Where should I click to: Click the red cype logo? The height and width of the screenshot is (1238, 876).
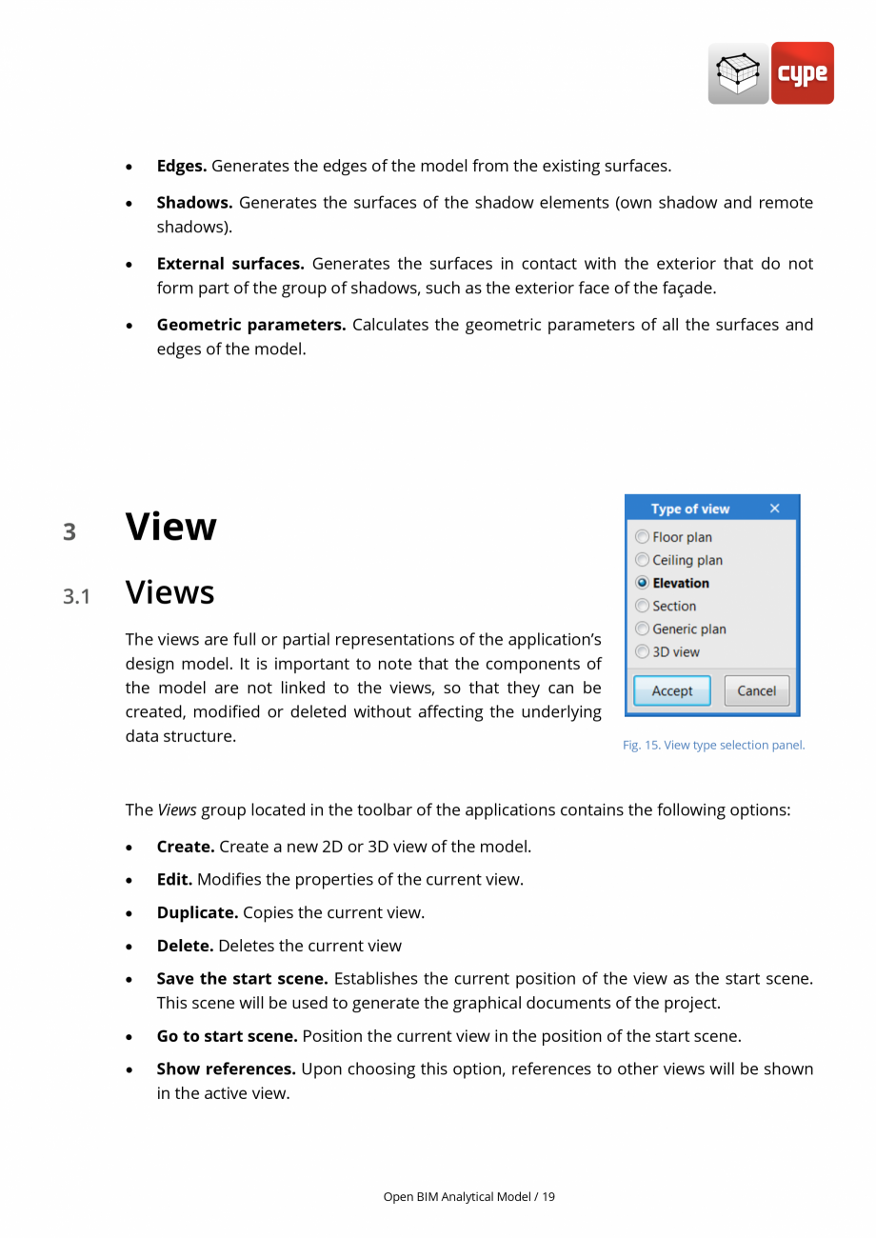click(x=802, y=73)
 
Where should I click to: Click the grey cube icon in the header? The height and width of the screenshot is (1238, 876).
click(x=738, y=73)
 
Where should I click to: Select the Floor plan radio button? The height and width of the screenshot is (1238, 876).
click(x=643, y=537)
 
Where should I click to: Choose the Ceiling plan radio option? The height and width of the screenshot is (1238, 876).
click(x=643, y=560)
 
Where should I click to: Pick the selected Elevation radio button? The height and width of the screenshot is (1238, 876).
click(x=643, y=583)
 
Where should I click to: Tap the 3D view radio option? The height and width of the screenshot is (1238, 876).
click(x=643, y=652)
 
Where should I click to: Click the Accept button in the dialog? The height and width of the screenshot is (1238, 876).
click(x=672, y=691)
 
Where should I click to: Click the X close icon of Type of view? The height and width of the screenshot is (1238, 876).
click(x=774, y=509)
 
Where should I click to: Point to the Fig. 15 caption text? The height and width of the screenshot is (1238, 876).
click(x=713, y=745)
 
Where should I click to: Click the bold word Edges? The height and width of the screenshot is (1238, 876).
click(x=181, y=166)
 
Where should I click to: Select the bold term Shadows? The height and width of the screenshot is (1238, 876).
click(x=194, y=203)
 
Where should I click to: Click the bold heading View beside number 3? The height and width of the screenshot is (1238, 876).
click(x=171, y=527)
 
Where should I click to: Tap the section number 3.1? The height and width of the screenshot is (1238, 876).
click(x=76, y=597)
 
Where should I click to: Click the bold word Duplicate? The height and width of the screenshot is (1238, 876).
click(x=197, y=912)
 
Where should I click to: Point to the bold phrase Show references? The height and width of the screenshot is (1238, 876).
click(x=227, y=1068)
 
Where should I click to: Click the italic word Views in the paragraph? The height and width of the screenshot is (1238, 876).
click(x=177, y=810)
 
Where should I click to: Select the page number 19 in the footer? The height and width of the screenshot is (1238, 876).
click(x=548, y=1196)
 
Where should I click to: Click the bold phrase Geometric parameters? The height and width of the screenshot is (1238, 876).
click(x=250, y=325)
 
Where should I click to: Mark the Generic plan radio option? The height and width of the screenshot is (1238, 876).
click(x=643, y=629)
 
